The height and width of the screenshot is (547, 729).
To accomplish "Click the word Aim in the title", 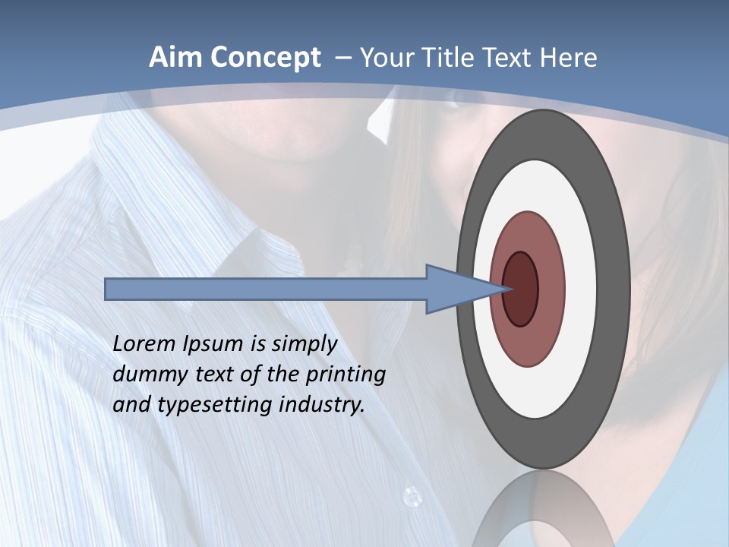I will coord(175,58).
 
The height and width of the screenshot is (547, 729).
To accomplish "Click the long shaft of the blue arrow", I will coord(266,289).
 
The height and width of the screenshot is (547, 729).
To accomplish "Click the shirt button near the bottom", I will coord(412,497).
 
